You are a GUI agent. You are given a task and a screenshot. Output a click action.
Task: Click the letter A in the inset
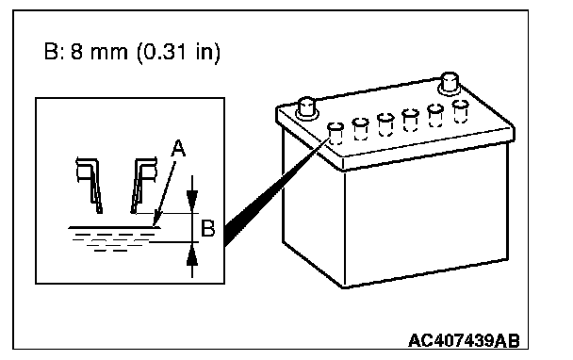point(178,148)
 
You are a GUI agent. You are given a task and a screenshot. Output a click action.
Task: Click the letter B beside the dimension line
point(208,228)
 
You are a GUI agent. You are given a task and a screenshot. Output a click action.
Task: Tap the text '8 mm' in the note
point(99,52)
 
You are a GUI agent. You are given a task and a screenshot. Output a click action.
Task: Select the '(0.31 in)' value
point(178,53)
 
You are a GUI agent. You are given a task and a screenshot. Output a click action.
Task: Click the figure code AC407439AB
point(464,340)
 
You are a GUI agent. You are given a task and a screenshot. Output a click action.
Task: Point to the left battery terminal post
point(306,108)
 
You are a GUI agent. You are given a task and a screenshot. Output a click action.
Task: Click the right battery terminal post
point(450,84)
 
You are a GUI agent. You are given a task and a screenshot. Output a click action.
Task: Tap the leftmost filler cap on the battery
point(336,134)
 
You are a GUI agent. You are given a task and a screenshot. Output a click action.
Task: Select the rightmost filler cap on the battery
point(460,111)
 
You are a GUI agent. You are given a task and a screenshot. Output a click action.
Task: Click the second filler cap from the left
point(360,129)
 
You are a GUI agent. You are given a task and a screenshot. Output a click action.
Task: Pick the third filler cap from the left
point(385,124)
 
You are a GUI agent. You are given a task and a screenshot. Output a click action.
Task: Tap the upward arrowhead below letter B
point(192,254)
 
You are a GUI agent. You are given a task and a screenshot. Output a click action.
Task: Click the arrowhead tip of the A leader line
point(155,226)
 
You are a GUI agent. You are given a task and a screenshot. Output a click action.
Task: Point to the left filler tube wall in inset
point(90,185)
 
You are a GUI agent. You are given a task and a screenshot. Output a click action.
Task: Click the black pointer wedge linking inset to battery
point(270,193)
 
